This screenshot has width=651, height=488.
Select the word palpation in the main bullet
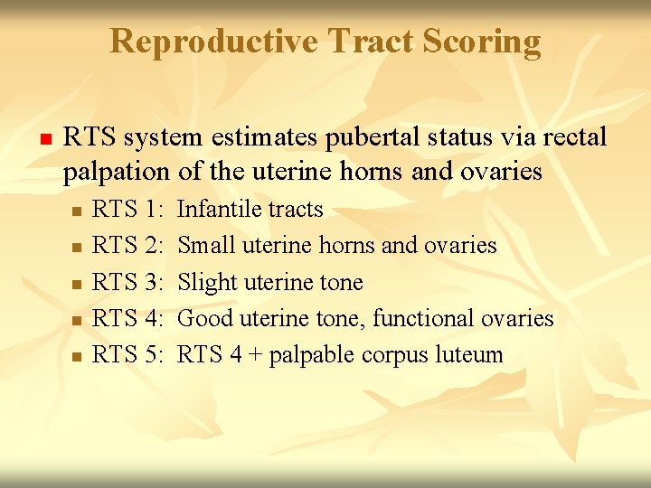[116, 172]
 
